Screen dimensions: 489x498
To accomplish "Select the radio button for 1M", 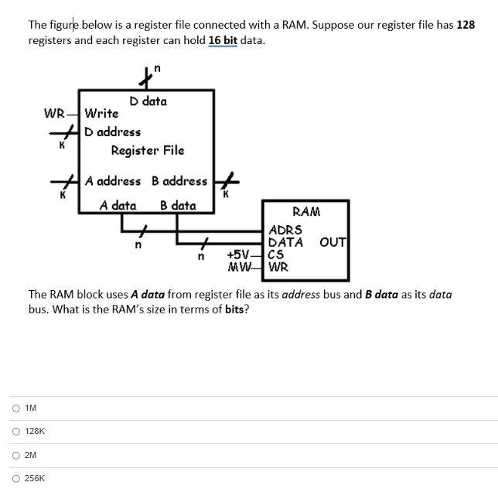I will pyautogui.click(x=16, y=408).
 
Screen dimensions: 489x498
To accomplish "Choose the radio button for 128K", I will pyautogui.click(x=16, y=432).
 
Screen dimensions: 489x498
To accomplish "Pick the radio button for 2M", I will pyautogui.click(x=16, y=455).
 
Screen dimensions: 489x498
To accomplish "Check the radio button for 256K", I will pyautogui.click(x=16, y=479).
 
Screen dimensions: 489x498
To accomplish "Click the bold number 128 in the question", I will pyautogui.click(x=465, y=25).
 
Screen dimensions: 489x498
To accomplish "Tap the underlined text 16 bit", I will pyautogui.click(x=223, y=39).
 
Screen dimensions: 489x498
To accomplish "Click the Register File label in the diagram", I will pyautogui.click(x=147, y=150).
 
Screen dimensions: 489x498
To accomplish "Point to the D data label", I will pyautogui.click(x=148, y=101).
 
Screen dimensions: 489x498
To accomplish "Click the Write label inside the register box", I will pyautogui.click(x=101, y=114).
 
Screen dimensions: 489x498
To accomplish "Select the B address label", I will pyautogui.click(x=179, y=181).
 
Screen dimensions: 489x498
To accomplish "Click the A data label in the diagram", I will pyautogui.click(x=118, y=206).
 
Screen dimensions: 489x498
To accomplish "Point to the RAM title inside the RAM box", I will pyautogui.click(x=306, y=212).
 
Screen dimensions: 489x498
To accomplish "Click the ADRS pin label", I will pyautogui.click(x=285, y=230).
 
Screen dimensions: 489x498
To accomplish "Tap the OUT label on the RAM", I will pyautogui.click(x=333, y=242).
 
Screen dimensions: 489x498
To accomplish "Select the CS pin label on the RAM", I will pyautogui.click(x=276, y=255).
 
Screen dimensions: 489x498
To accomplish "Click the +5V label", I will pyautogui.click(x=239, y=255).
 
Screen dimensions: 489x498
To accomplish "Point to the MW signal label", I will pyautogui.click(x=240, y=268).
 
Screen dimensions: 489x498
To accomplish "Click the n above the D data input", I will pyautogui.click(x=157, y=70).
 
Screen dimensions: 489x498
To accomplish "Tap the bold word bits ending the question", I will pyautogui.click(x=234, y=309).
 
